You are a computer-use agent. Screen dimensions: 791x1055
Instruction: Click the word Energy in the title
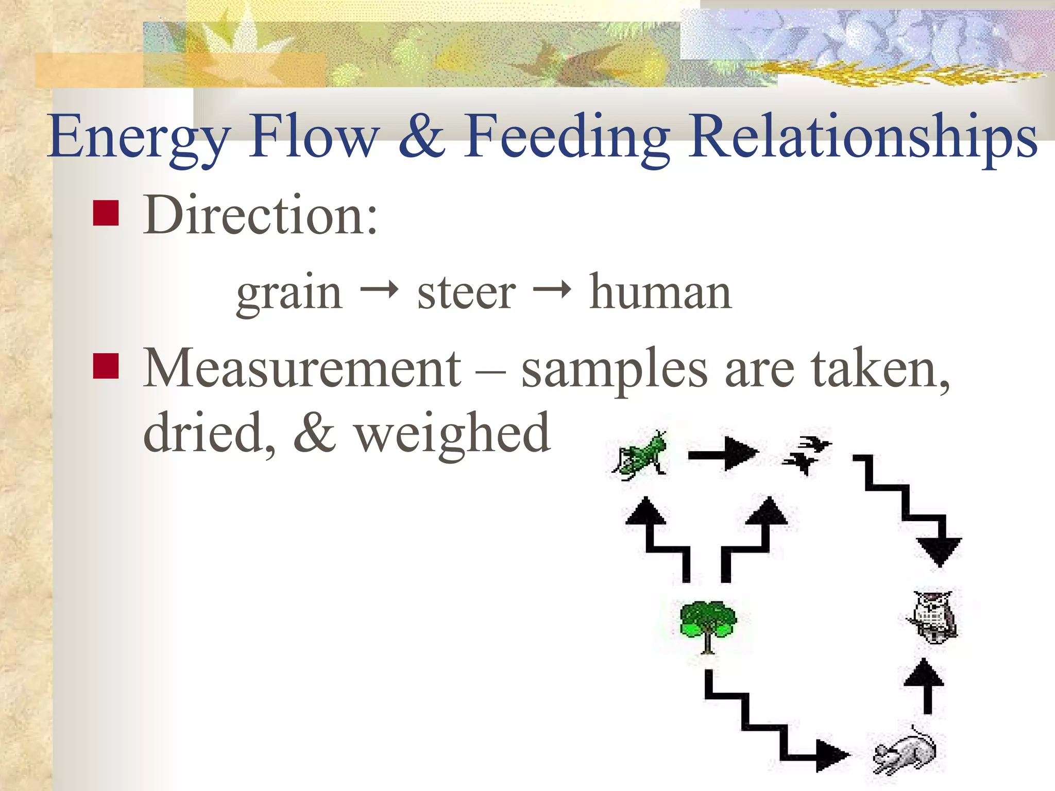pos(138,137)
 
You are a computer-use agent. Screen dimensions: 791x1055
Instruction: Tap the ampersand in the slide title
pos(421,136)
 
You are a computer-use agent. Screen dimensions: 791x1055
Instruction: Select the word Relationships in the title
pos(863,137)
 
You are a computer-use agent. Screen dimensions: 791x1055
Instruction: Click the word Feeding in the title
pos(567,137)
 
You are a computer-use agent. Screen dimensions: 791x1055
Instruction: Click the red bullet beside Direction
pos(106,213)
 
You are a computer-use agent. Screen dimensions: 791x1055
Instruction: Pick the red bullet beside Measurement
pos(106,366)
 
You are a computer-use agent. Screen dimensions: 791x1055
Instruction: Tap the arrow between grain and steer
pos(380,290)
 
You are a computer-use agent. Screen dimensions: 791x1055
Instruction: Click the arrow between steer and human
pos(552,290)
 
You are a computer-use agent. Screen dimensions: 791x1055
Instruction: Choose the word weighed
pos(453,433)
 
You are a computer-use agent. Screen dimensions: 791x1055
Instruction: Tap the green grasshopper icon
pos(640,455)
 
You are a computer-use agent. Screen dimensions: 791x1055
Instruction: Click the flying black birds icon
pos(806,453)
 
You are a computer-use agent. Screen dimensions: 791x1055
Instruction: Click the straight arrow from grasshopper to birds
pos(723,454)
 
